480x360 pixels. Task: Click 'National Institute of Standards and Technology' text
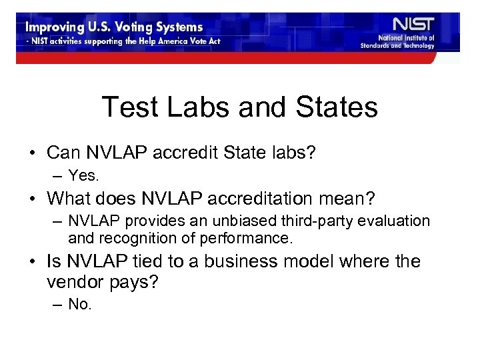(397, 42)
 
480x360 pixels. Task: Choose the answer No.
(81, 305)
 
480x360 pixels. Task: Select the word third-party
(279, 221)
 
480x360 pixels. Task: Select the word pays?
(137, 283)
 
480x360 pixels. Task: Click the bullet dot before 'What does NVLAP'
(33, 199)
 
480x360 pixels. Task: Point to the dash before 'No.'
(57, 305)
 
